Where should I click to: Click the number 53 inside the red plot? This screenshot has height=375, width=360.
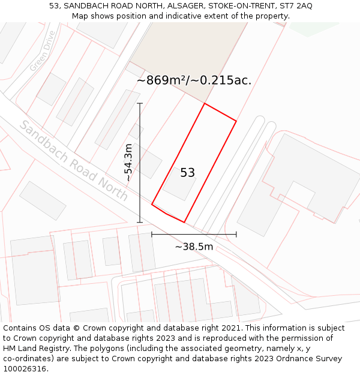[x=187, y=173]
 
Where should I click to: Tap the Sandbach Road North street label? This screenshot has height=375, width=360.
[x=74, y=161]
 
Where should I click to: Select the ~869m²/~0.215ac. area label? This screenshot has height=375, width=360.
[x=194, y=80]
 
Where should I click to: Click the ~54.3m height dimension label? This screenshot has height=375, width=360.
[x=128, y=162]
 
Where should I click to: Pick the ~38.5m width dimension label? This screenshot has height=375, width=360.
[x=194, y=247]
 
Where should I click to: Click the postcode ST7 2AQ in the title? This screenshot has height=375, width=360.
[x=296, y=6]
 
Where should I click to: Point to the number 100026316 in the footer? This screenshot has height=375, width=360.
[x=24, y=369]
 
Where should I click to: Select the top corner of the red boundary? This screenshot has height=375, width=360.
[x=205, y=103]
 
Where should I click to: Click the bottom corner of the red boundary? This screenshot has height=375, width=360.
[x=184, y=222]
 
